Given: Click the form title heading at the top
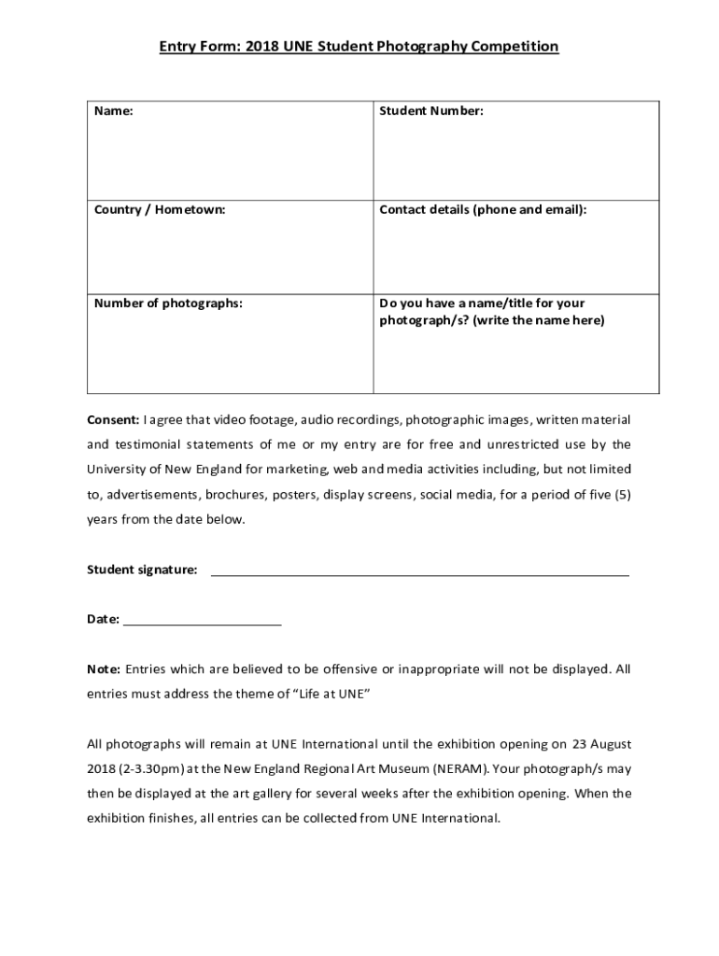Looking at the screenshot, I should pyautogui.click(x=359, y=46).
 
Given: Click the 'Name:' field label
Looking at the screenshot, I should pyautogui.click(x=113, y=111).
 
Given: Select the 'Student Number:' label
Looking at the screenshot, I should pyautogui.click(x=430, y=111).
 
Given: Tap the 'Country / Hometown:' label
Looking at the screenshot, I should pyautogui.click(x=160, y=210).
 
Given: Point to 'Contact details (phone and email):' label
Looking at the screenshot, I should pyautogui.click(x=483, y=210).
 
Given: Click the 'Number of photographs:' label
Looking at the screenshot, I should pyautogui.click(x=168, y=302).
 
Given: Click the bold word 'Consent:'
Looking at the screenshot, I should pyautogui.click(x=113, y=418).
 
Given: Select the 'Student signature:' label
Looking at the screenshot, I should pyautogui.click(x=142, y=569).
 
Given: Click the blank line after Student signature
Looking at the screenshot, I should pyautogui.click(x=419, y=571).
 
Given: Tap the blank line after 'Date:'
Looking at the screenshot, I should pyautogui.click(x=202, y=620).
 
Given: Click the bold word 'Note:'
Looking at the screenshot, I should pyautogui.click(x=104, y=669).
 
